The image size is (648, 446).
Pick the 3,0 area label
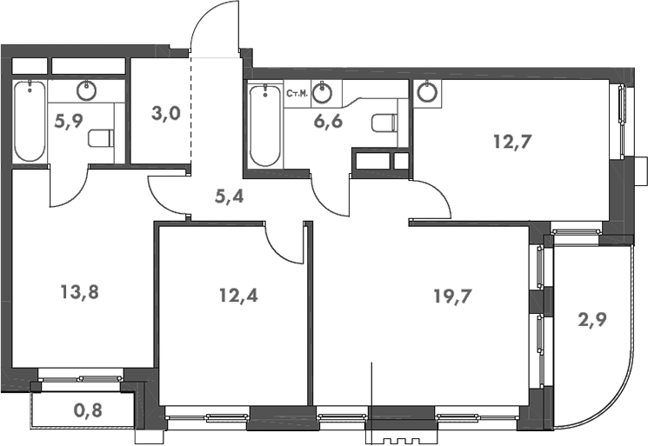(164, 114)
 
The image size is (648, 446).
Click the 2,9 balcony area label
(591, 318)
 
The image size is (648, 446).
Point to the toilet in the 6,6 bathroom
(384, 123)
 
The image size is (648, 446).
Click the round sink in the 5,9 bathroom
(86, 90)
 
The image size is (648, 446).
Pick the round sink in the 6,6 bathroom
(324, 90)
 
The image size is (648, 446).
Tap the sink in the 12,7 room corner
(427, 91)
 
